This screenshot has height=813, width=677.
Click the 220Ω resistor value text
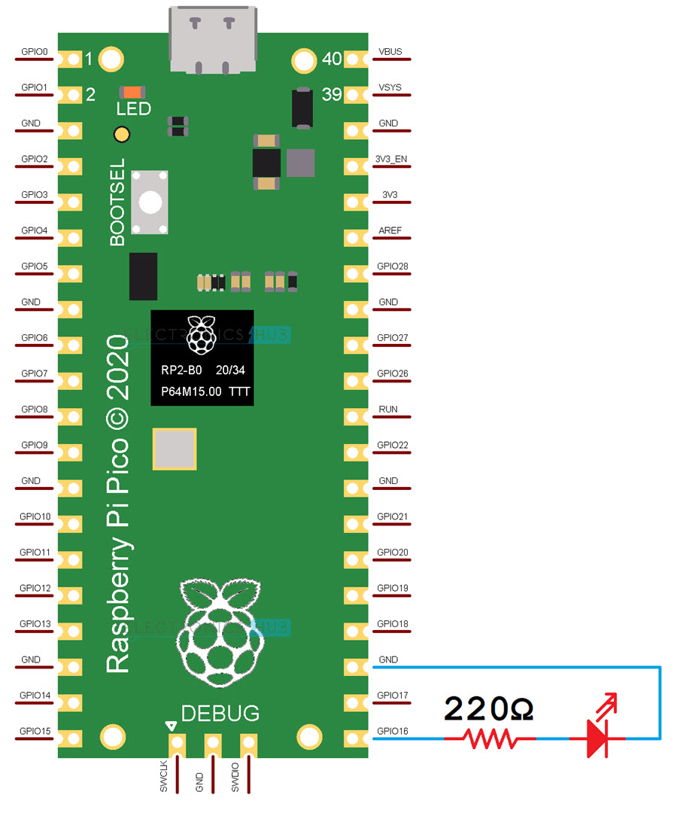click(488, 708)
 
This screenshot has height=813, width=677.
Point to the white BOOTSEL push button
click(150, 201)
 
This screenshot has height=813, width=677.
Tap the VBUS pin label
click(390, 52)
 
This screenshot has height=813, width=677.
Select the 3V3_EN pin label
click(391, 160)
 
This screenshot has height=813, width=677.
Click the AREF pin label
click(390, 231)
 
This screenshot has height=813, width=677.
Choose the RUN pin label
click(389, 410)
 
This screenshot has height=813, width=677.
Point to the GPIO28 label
click(392, 266)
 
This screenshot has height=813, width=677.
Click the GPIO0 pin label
click(35, 52)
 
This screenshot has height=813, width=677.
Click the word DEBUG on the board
click(220, 713)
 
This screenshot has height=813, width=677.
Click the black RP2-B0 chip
click(202, 358)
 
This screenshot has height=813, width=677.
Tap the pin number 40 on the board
click(332, 58)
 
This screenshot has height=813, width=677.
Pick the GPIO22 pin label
click(392, 445)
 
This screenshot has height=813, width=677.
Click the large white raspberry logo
click(220, 629)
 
